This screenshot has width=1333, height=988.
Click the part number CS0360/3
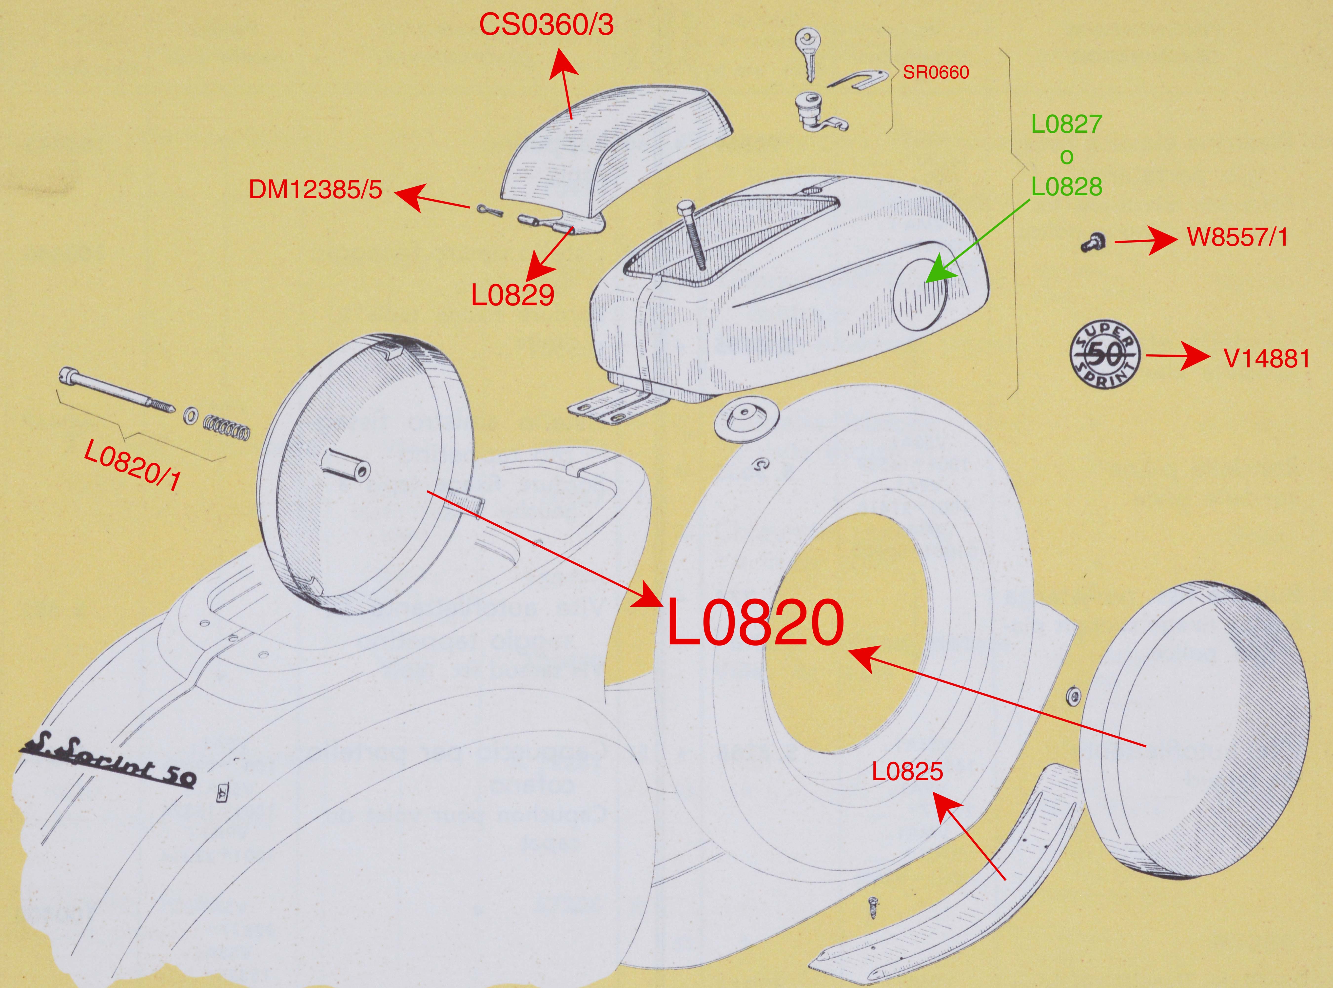coord(547,26)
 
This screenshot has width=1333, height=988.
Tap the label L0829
coord(513,295)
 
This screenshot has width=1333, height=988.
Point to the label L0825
coord(907,771)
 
